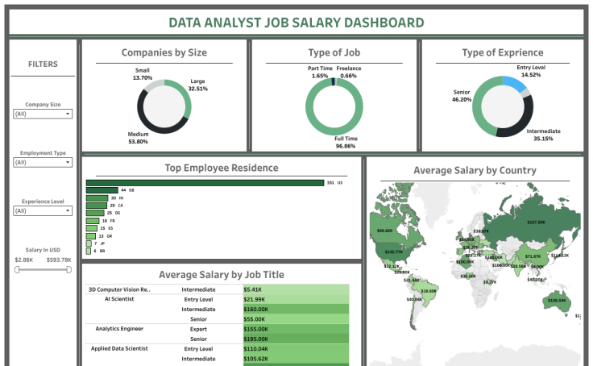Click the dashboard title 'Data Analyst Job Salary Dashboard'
tap(296, 23)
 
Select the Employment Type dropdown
tap(44, 162)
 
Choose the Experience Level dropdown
tap(44, 210)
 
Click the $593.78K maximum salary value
tap(59, 260)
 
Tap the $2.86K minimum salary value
tap(24, 260)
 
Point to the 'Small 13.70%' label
tap(143, 74)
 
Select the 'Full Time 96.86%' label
tap(346, 143)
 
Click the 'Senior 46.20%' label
tap(462, 96)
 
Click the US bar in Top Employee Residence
tap(205, 183)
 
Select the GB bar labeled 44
tap(102, 190)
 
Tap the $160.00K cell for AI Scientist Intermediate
tap(296, 309)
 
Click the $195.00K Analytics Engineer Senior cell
tap(296, 339)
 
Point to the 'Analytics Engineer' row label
tap(118, 329)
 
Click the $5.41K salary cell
tap(296, 289)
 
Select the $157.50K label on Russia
tap(536, 222)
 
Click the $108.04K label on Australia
tap(557, 300)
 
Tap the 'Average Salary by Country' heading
tap(475, 170)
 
